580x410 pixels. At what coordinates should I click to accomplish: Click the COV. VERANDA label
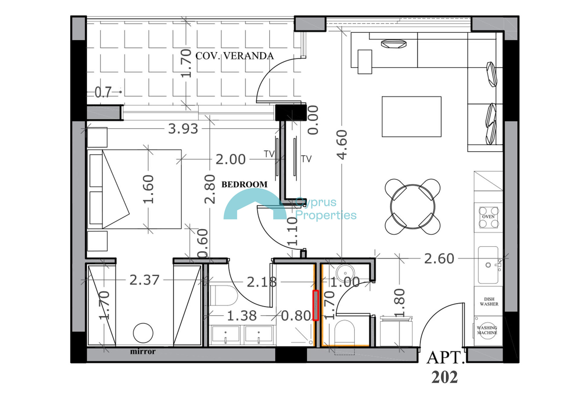(x=234, y=56)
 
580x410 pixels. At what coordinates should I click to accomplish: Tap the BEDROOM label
(x=244, y=184)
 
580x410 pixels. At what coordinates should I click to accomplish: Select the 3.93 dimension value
(x=183, y=129)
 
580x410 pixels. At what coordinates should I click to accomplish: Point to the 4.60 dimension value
(x=342, y=145)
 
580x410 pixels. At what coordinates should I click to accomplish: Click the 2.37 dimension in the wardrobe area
(x=144, y=280)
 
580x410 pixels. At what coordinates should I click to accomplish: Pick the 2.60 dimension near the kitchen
(x=439, y=259)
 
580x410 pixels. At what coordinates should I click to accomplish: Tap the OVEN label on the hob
(x=488, y=217)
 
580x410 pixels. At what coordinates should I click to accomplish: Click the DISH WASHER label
(x=489, y=302)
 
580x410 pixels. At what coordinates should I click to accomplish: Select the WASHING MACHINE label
(x=487, y=330)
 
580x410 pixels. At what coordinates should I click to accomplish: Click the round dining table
(x=413, y=207)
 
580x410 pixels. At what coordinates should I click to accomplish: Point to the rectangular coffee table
(x=411, y=117)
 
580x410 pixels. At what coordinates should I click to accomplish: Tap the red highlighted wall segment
(x=316, y=305)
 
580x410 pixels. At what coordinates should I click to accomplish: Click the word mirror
(x=143, y=351)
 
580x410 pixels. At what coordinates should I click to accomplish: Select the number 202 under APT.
(x=445, y=377)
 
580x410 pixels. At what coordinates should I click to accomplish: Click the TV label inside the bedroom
(x=269, y=154)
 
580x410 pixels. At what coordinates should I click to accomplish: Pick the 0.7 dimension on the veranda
(x=103, y=92)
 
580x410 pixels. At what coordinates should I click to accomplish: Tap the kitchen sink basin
(x=488, y=265)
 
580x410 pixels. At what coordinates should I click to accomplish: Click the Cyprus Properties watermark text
(x=326, y=208)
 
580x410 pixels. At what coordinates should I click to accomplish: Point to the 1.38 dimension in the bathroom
(x=242, y=316)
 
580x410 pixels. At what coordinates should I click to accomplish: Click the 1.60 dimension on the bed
(x=148, y=189)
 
